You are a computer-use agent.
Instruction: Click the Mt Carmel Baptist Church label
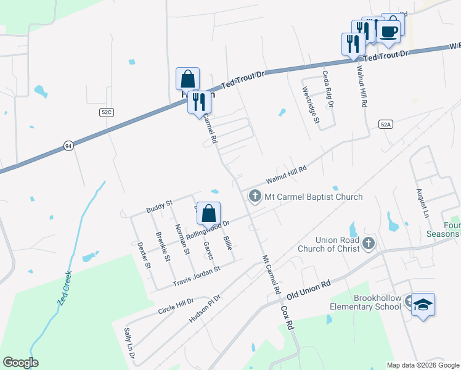pos(313,197)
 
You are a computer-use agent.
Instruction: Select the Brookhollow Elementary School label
pos(369,302)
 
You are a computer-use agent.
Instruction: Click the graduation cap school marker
pos(423,304)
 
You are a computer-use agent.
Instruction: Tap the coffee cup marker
pos(388,32)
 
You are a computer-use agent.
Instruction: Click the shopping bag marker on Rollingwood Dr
pos(209,214)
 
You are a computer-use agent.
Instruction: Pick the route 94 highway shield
pos(67,146)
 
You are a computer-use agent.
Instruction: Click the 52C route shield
pos(106,112)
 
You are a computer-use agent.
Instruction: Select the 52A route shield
pos(386,124)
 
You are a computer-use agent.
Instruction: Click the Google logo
pos(20,363)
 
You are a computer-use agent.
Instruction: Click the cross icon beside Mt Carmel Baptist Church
pos(254,197)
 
